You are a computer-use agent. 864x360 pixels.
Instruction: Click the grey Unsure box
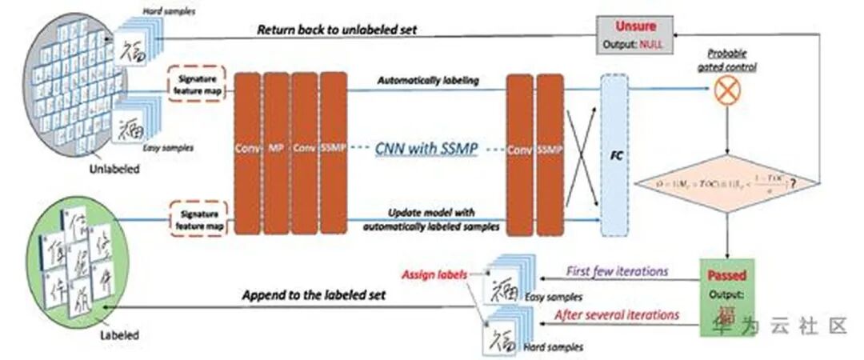click(632, 35)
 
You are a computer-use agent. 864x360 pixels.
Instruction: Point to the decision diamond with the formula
click(726, 183)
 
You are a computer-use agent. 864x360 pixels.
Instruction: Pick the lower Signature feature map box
click(197, 218)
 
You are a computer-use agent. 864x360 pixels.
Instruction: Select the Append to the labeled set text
click(314, 295)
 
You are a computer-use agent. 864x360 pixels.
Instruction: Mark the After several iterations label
click(617, 314)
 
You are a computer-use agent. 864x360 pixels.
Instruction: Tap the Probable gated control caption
click(726, 60)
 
